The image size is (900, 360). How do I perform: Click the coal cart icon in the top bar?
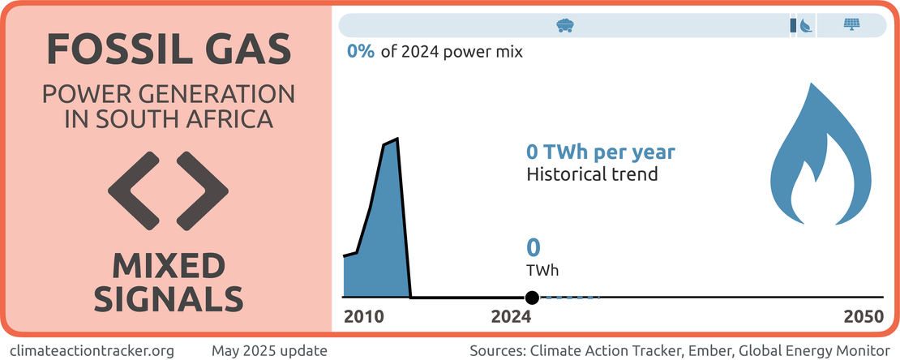[565, 25]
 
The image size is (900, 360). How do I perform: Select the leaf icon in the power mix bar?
[805, 26]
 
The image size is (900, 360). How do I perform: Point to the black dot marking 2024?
[532, 298]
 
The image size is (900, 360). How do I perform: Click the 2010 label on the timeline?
[365, 318]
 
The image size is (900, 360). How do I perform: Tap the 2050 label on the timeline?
[863, 318]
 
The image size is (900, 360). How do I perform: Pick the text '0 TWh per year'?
[601, 152]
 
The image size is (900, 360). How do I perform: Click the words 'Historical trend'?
[592, 174]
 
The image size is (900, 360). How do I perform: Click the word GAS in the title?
[246, 50]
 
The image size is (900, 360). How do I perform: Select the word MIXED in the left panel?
[169, 265]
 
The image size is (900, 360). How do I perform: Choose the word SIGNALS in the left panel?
[169, 298]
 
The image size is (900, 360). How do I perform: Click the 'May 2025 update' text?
[269, 351]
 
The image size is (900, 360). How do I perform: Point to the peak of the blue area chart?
[396, 139]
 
